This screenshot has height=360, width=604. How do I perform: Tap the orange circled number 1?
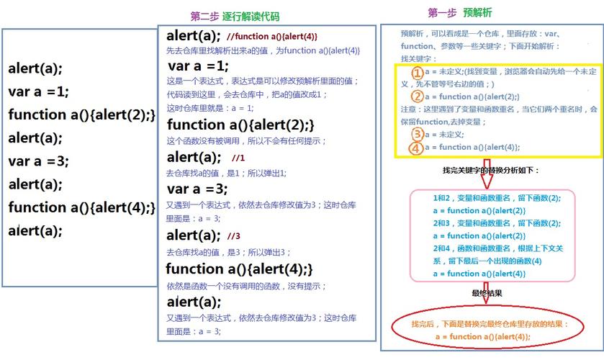click(x=417, y=73)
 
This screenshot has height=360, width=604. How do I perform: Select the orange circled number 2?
click(x=417, y=96)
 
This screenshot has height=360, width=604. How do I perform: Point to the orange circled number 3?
click(x=417, y=135)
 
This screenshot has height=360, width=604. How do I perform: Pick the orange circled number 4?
click(x=417, y=148)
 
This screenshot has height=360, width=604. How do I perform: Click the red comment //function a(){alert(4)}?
click(x=271, y=36)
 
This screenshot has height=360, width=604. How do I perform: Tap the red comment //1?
click(x=239, y=157)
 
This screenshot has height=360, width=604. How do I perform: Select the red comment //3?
click(x=233, y=236)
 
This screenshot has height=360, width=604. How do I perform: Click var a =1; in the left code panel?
click(x=39, y=91)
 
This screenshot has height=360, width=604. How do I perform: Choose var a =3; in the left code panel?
click(x=39, y=161)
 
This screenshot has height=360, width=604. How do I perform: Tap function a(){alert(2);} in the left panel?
click(x=81, y=114)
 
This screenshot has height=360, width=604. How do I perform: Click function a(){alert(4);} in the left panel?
click(x=81, y=207)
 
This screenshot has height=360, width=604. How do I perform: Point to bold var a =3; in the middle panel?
click(x=197, y=189)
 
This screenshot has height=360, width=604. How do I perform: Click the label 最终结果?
click(x=487, y=294)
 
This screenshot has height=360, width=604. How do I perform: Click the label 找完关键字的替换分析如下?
click(x=490, y=171)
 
